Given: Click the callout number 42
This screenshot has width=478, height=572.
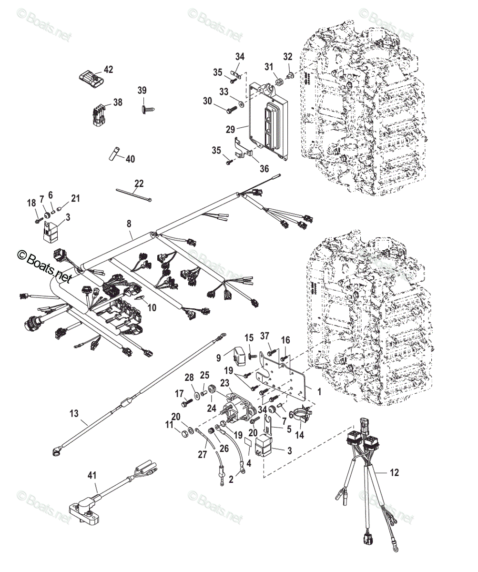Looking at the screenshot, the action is click(108, 70).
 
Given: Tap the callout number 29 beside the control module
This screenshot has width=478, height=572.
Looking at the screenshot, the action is click(231, 129).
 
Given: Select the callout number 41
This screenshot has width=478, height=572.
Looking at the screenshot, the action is click(92, 475).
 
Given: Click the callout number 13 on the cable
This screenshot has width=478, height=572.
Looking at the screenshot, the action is click(74, 413).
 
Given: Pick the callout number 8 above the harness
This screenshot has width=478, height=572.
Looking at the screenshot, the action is click(129, 224).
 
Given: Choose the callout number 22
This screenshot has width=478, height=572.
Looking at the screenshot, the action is click(139, 183).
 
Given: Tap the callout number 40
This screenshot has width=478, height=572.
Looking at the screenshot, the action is click(130, 159).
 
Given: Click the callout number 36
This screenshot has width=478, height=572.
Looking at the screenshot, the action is click(264, 169).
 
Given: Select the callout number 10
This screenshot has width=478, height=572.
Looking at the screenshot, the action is click(152, 307).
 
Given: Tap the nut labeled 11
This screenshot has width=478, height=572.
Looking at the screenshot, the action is click(185, 434).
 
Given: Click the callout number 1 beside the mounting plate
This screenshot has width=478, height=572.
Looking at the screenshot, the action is click(319, 392).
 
